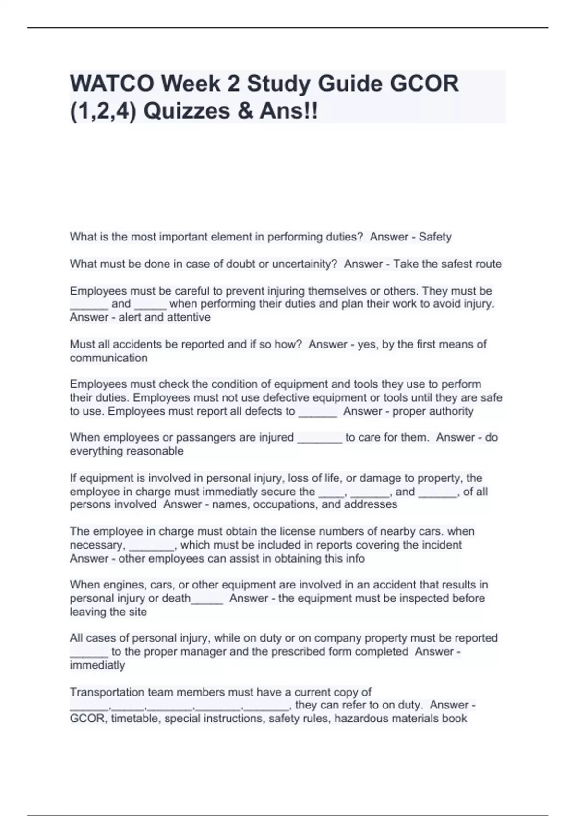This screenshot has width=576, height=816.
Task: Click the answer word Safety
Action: [x=435, y=237]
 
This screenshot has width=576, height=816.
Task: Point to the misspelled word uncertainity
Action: [x=305, y=264]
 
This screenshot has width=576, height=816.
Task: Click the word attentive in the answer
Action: [x=189, y=317]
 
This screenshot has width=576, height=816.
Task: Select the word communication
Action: [x=108, y=358]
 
